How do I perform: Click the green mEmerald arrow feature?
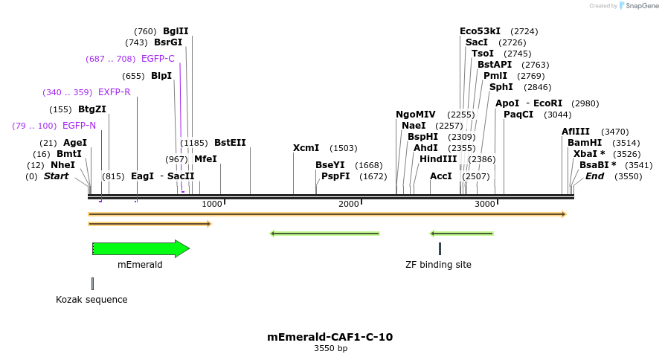tap(141, 248)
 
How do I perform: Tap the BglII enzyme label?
tap(176, 31)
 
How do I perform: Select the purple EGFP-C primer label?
tap(158, 59)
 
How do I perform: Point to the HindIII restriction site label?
tap(438, 159)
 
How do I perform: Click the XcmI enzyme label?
tap(306, 148)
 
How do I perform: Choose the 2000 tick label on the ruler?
tap(349, 204)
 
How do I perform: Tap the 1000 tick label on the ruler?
tap(212, 204)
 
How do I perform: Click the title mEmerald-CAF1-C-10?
tap(330, 337)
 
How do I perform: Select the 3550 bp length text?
tap(330, 349)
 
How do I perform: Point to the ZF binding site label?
tap(438, 265)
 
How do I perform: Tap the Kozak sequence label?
tap(91, 300)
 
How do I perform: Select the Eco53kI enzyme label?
tap(478, 31)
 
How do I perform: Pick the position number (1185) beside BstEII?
tap(194, 143)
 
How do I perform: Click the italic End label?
tap(594, 176)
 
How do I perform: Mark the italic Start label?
tap(56, 176)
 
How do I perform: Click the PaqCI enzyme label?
tap(518, 115)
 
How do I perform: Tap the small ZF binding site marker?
tap(440, 248)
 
